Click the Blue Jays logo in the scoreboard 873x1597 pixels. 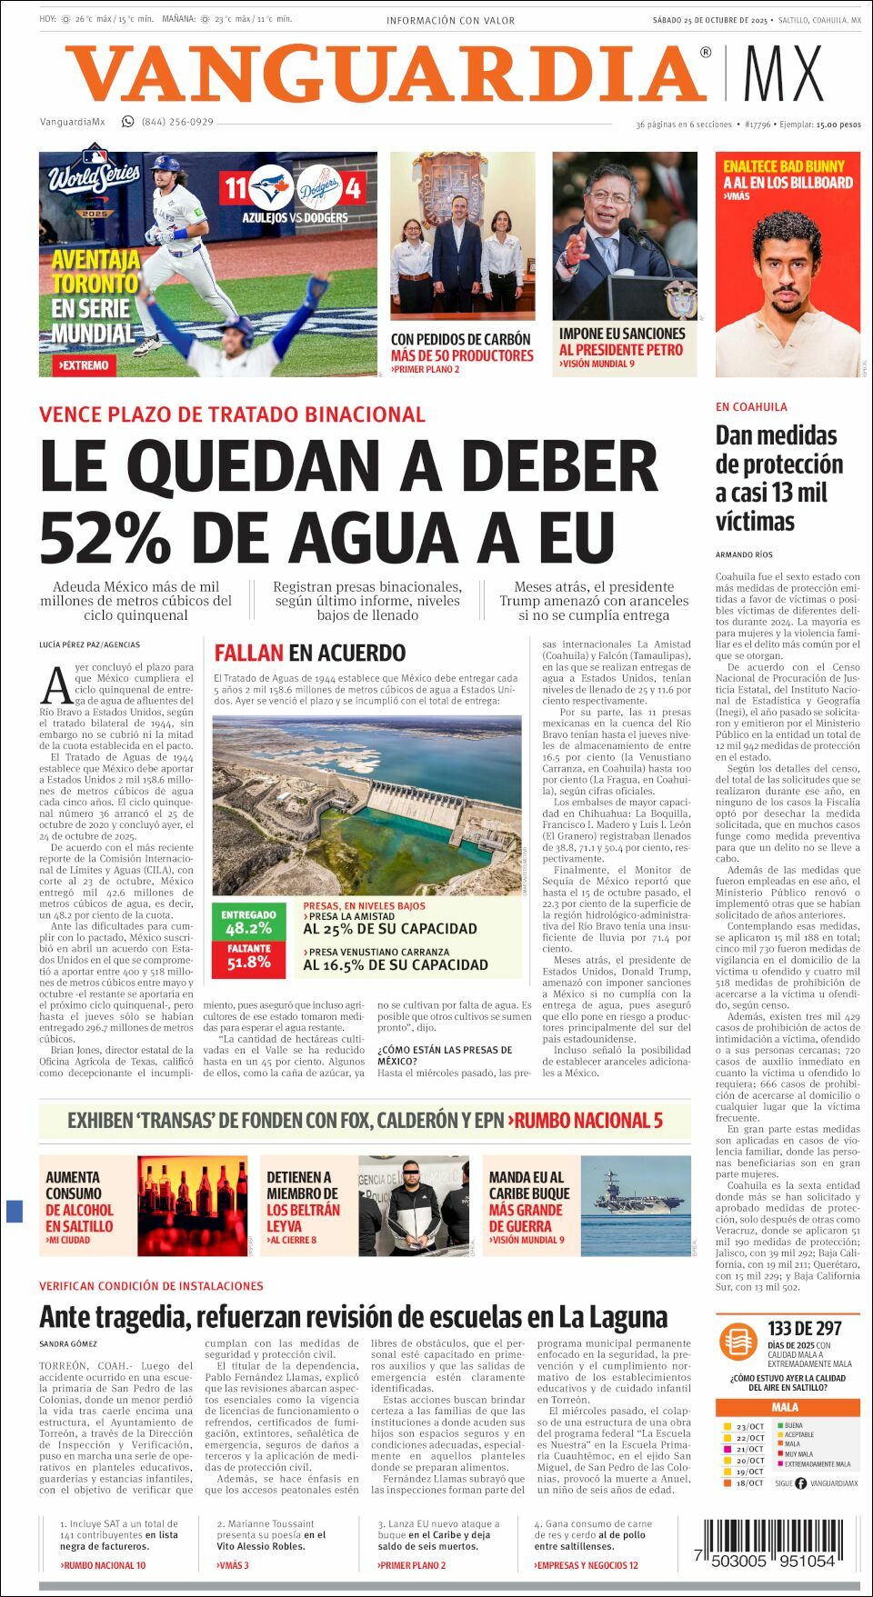[271, 188]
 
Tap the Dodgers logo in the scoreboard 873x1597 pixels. [319, 188]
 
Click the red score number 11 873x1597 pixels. [236, 189]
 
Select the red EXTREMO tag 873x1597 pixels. [84, 365]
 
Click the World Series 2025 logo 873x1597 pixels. [94, 181]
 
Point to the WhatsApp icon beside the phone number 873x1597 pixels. [127, 122]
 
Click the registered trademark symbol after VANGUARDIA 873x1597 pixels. [706, 53]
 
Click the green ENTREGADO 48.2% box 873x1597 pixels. [248, 922]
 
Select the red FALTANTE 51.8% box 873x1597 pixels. [248, 956]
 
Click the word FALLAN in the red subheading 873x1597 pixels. [248, 653]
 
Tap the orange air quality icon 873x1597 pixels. [738, 1342]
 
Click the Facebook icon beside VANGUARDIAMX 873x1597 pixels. [801, 1483]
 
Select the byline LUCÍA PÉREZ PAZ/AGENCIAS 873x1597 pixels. [89, 644]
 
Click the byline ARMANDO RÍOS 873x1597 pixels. [744, 554]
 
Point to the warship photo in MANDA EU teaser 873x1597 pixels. [636, 1205]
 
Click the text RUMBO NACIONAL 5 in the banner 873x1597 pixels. [586, 1121]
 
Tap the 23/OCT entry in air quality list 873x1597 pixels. [749, 1427]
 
